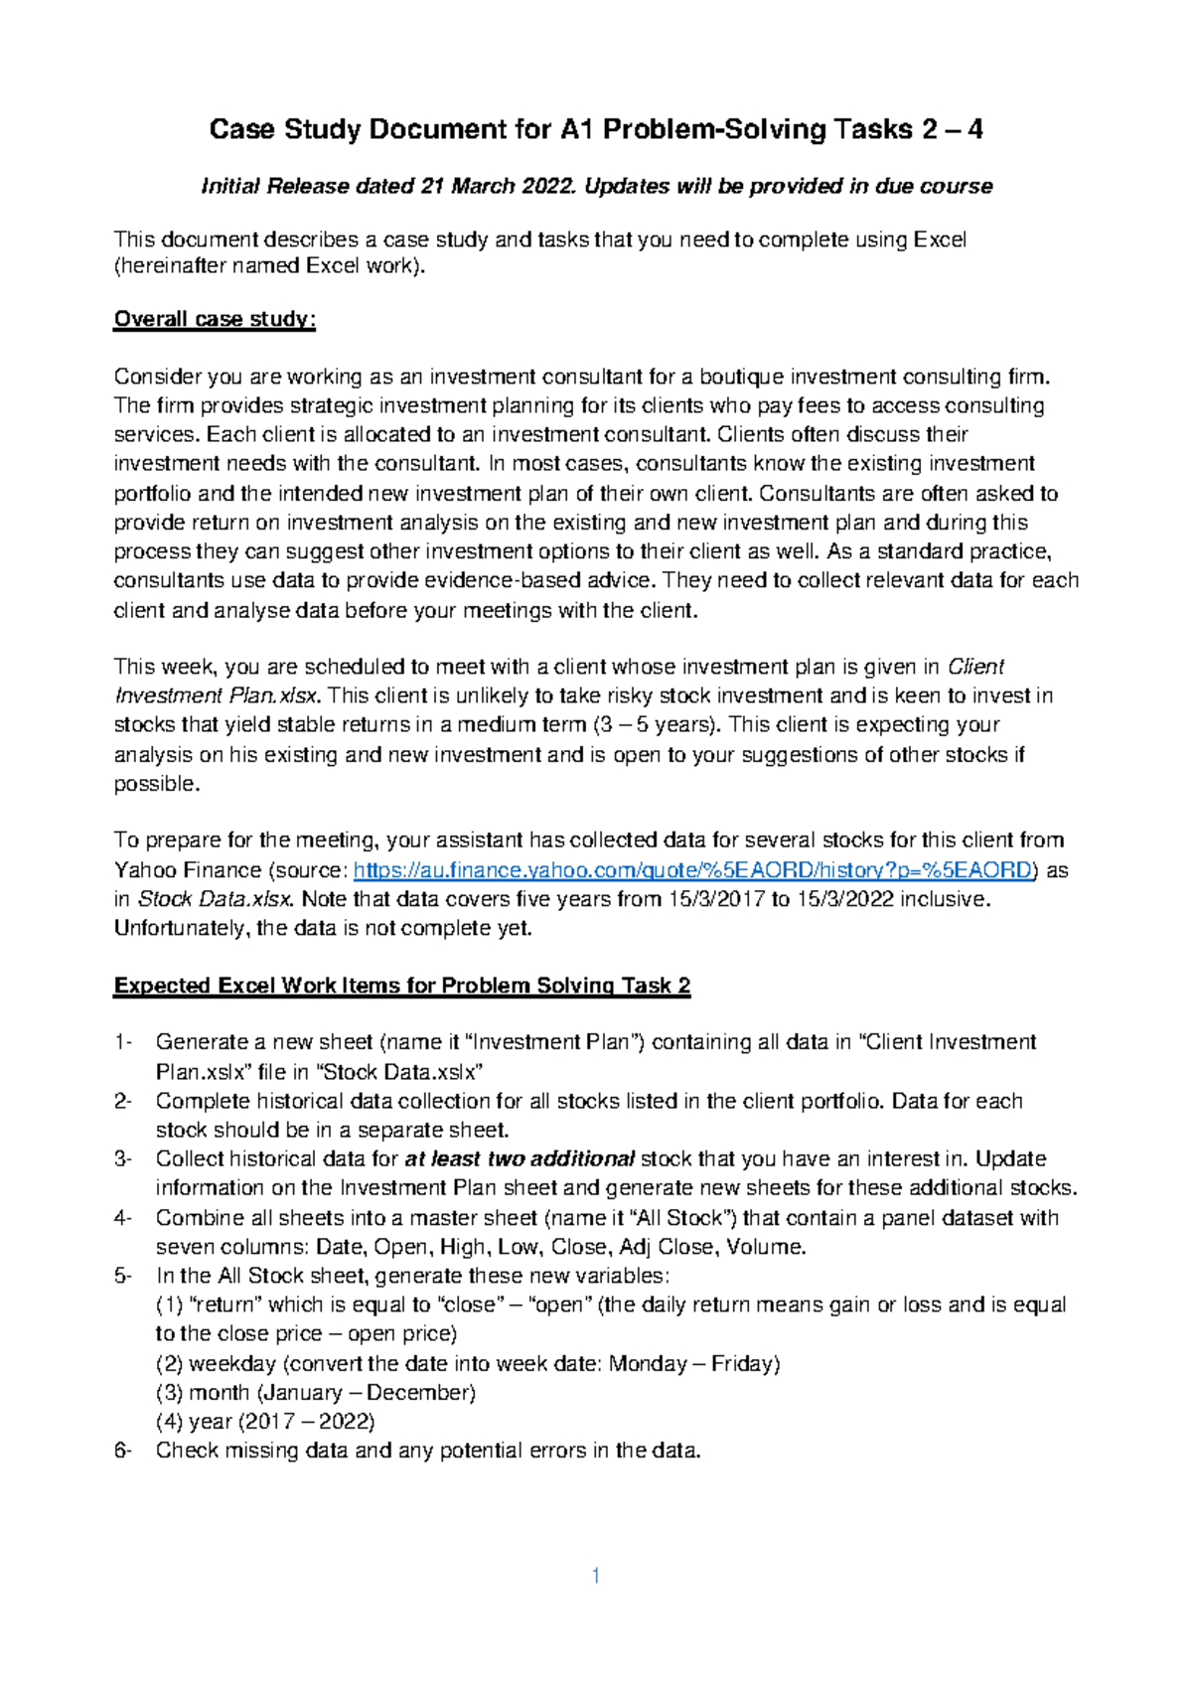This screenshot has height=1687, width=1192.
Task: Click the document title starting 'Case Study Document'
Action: click(x=595, y=129)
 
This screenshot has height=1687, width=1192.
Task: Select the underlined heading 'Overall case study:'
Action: click(x=215, y=319)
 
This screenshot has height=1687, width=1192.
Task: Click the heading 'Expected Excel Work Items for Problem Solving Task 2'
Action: click(x=401, y=986)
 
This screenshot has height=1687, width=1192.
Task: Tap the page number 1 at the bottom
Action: click(x=595, y=1576)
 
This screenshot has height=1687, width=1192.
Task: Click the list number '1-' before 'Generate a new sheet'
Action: click(x=123, y=1042)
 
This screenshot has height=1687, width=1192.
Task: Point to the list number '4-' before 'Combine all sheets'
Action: click(x=123, y=1218)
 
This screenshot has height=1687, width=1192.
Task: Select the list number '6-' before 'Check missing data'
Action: click(x=123, y=1451)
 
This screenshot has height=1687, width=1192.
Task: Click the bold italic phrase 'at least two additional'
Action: click(x=520, y=1159)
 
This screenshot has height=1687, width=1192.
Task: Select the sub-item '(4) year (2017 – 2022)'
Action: click(x=265, y=1422)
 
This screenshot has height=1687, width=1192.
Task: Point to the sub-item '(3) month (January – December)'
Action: click(x=316, y=1393)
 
